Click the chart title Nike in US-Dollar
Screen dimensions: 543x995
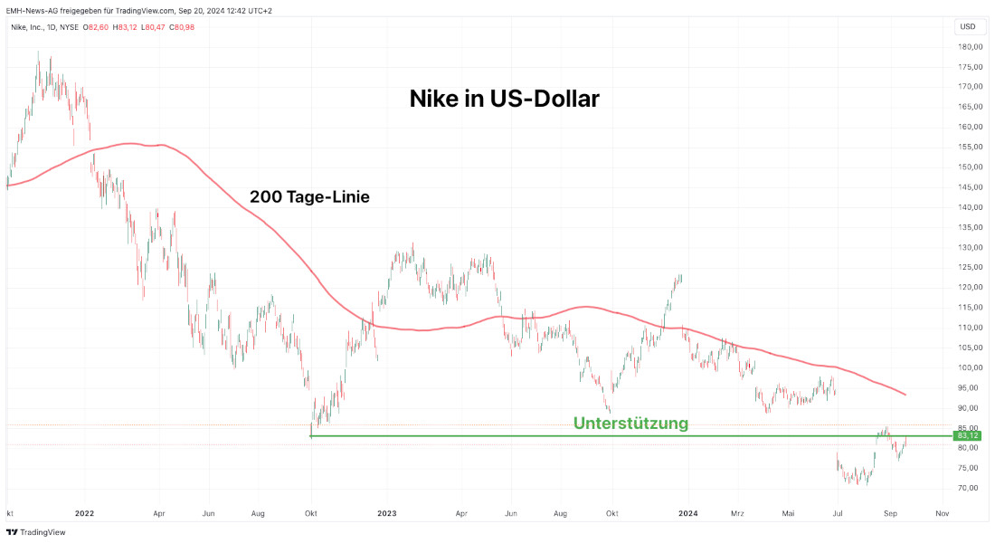504,99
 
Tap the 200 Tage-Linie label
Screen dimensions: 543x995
309,195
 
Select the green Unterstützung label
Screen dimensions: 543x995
630,423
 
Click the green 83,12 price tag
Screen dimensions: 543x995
967,435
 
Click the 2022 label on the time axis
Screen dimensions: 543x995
85,512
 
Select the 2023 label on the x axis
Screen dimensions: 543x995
387,512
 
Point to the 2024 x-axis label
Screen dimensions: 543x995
688,512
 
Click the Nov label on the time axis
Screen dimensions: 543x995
942,512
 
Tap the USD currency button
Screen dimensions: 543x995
967,27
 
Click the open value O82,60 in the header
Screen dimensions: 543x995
97,27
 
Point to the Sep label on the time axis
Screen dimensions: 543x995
890,512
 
